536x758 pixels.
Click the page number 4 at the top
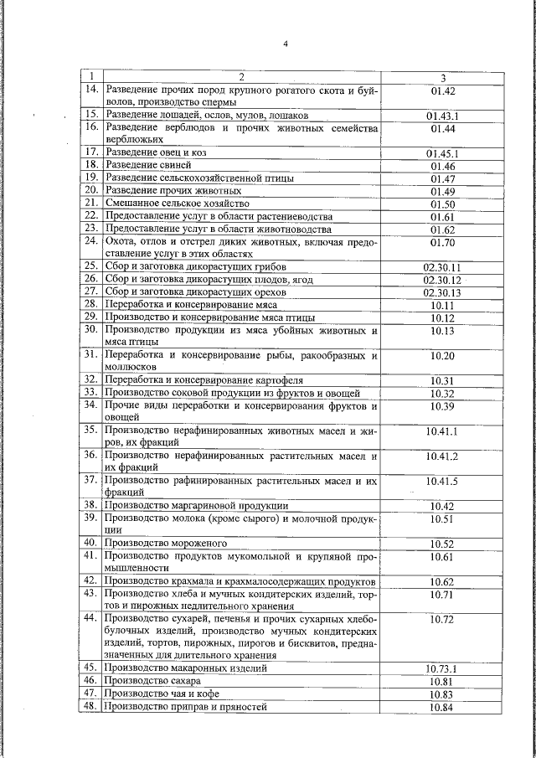pyautogui.click(x=285, y=44)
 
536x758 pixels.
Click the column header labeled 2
pyautogui.click(x=241, y=77)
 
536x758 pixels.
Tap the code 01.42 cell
pyautogui.click(x=442, y=90)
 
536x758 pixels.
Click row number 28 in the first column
pyautogui.click(x=91, y=305)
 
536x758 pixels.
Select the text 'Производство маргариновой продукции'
pyautogui.click(x=197, y=506)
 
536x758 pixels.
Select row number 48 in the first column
pyautogui.click(x=91, y=707)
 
